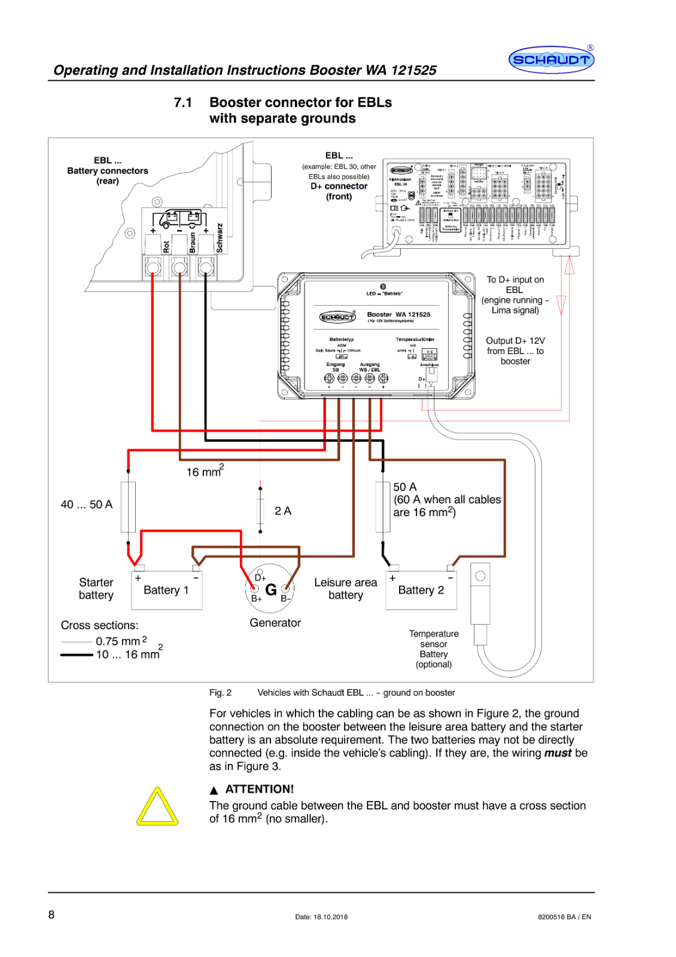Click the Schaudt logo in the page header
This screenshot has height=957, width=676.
[551, 60]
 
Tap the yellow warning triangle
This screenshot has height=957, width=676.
[157, 808]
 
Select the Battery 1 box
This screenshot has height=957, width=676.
[166, 590]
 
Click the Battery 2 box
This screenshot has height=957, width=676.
[421, 590]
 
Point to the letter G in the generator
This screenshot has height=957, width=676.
[271, 590]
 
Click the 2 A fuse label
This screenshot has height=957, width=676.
[283, 511]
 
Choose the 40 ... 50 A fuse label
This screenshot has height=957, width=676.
[87, 505]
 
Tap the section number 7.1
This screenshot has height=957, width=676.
[183, 103]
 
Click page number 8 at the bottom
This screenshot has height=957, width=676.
[51, 915]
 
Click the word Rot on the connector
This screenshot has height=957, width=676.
[166, 246]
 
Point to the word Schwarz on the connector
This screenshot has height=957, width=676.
[220, 238]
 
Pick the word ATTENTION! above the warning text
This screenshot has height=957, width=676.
[260, 790]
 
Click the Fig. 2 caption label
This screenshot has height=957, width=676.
[220, 693]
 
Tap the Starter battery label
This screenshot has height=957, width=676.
[96, 589]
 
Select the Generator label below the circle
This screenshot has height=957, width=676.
[275, 623]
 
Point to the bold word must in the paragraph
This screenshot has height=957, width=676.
[558, 753]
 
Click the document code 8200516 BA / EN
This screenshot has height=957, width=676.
[564, 917]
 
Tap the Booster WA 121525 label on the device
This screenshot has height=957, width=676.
[398, 315]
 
